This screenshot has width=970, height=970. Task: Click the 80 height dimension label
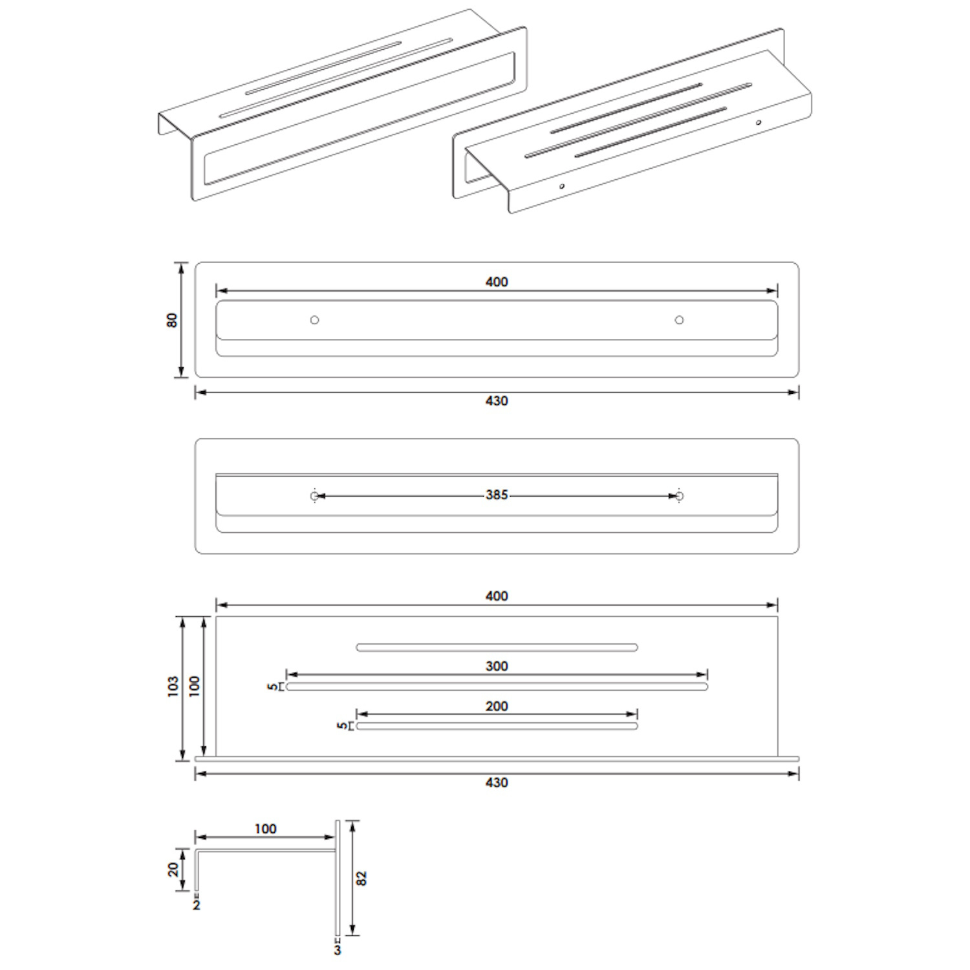tap(172, 320)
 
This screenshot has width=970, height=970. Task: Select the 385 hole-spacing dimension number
tap(497, 495)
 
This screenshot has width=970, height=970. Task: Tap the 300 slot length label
tap(497, 666)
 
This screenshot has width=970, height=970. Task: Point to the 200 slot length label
tap(497, 706)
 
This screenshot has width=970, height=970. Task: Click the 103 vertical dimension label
tap(173, 686)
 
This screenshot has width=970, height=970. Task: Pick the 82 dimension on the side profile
tap(361, 878)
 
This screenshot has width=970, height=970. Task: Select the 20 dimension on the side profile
tap(173, 870)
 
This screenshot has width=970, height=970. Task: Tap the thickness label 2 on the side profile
tap(197, 905)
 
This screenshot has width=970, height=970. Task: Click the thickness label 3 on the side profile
tap(337, 950)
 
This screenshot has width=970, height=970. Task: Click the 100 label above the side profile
tap(265, 829)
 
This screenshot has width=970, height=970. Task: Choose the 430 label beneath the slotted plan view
tap(497, 782)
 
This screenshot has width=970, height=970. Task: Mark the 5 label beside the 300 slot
tap(272, 687)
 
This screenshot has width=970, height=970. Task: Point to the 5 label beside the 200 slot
tap(342, 726)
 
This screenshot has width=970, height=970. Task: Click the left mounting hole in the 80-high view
tap(314, 320)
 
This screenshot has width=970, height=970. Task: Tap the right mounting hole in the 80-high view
tap(679, 320)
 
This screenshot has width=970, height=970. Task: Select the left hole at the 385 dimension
tap(314, 496)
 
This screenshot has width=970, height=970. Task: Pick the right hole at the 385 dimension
tap(679, 496)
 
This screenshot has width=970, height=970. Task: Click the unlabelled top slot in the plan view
tap(497, 647)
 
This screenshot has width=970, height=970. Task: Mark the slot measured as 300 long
tap(497, 687)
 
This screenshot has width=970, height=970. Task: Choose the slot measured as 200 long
tap(497, 726)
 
